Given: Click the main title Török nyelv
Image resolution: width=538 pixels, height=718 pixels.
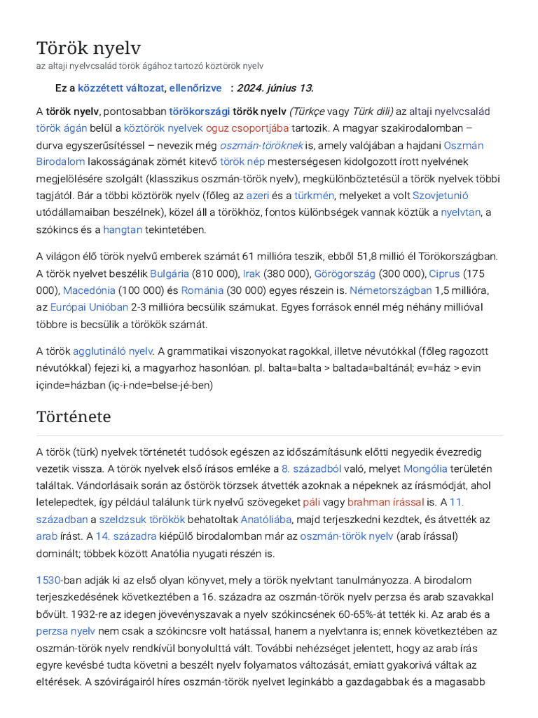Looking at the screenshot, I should [x=88, y=48].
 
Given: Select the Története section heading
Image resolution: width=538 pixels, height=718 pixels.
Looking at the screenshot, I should [x=73, y=416].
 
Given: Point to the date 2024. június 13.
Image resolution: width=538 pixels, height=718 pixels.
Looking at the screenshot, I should [x=275, y=88].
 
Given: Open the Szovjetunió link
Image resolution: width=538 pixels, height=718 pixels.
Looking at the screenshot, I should [x=441, y=196].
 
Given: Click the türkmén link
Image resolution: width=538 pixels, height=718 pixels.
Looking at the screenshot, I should [x=313, y=196].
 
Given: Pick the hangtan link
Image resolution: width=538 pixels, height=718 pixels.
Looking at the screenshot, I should [x=123, y=229].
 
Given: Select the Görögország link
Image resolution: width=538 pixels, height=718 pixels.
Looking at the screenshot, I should [x=345, y=273].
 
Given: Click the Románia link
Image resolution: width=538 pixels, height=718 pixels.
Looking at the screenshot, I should [x=202, y=290].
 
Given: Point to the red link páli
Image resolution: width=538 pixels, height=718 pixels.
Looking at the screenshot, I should [x=311, y=502].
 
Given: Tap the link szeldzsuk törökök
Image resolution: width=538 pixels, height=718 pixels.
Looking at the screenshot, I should [x=142, y=519].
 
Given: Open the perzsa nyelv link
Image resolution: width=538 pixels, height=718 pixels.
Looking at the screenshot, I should [x=65, y=630].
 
